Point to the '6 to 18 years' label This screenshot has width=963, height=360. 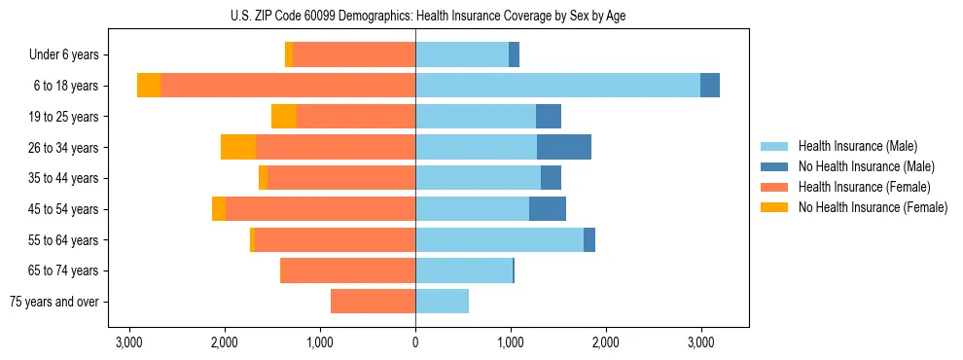65,86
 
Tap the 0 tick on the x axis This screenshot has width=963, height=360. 415,342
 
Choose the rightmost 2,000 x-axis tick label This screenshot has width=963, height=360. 606,342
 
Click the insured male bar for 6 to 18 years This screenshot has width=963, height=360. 557,86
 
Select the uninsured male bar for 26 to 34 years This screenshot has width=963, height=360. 564,147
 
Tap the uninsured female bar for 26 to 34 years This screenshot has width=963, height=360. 238,147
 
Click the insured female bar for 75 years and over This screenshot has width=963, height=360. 373,302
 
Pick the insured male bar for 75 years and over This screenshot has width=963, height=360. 442,302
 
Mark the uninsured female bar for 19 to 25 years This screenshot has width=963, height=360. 284,117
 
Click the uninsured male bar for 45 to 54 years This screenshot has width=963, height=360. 548,209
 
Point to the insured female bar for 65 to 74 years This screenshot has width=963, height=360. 347,270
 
